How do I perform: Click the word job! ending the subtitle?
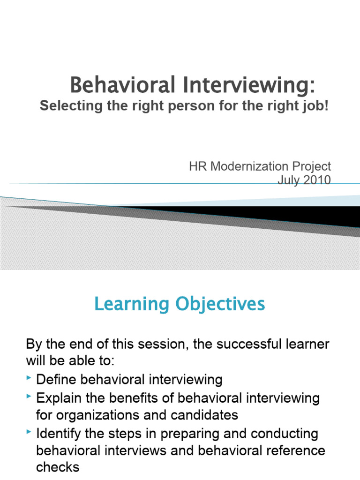[x=315, y=106]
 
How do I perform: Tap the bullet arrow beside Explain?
[x=30, y=397]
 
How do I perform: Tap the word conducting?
[x=277, y=433]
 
